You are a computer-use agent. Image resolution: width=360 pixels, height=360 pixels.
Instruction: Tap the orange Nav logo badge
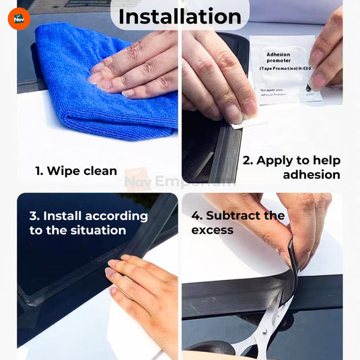pos(19,18)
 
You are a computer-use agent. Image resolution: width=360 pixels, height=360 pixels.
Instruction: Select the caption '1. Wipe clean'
pos(76,171)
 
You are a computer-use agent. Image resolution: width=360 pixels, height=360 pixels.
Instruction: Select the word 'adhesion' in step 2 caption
pos(311,175)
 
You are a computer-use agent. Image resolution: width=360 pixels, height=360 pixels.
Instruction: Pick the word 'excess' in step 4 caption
pos(212,230)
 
